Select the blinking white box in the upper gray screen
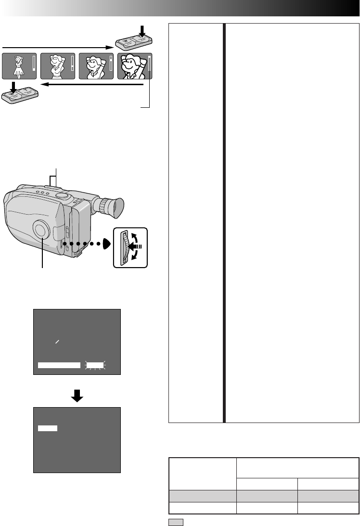tap(95, 366)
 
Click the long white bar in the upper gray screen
tap(59, 366)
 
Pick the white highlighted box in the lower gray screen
tap(48, 428)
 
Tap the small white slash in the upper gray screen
tap(57, 341)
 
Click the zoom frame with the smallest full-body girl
tap(19, 65)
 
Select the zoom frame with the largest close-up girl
tap(135, 65)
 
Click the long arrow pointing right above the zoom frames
tap(58, 47)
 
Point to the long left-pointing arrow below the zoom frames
tap(91, 84)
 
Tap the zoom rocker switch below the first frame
tap(20, 94)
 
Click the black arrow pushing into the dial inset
tap(138, 245)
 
